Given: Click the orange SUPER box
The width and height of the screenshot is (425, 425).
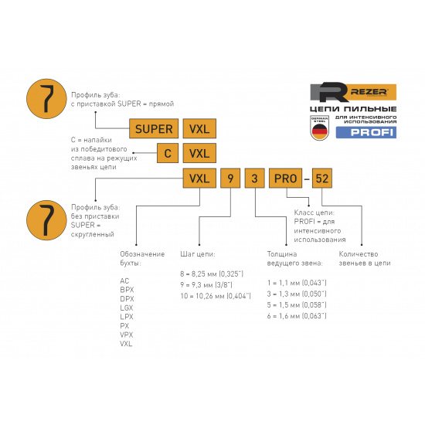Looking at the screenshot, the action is pyautogui.click(x=154, y=128).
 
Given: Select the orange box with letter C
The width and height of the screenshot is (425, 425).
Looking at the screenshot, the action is pyautogui.click(x=168, y=153).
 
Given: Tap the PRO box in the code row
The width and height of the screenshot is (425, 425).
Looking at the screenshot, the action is pyautogui.click(x=285, y=178).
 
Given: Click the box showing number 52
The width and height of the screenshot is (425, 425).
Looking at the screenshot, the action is pyautogui.click(x=322, y=178).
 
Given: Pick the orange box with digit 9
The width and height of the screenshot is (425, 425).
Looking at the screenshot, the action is pyautogui.click(x=230, y=178).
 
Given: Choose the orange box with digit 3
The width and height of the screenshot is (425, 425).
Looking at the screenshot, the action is pyautogui.click(x=254, y=178).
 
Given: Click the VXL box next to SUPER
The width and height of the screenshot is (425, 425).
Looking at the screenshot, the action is pyautogui.click(x=199, y=128).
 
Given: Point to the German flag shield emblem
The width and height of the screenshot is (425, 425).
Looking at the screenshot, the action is pyautogui.click(x=320, y=127).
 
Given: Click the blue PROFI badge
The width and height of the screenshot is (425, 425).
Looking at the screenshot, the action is pyautogui.click(x=366, y=133).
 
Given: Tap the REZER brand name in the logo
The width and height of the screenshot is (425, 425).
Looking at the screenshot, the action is pyautogui.click(x=369, y=92).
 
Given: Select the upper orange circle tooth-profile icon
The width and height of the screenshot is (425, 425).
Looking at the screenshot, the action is pyautogui.click(x=46, y=99).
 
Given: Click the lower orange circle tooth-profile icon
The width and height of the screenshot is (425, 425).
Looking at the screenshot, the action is pyautogui.click(x=46, y=220).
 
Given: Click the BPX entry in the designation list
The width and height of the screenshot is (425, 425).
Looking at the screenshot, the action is pyautogui.click(x=127, y=290).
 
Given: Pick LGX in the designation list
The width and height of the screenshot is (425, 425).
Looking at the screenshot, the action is pyautogui.click(x=127, y=308).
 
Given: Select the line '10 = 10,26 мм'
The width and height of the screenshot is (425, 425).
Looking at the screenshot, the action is pyautogui.click(x=216, y=296).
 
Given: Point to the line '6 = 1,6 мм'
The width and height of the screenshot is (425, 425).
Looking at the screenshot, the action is pyautogui.click(x=297, y=316).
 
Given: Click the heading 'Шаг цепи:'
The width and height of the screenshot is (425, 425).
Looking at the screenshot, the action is pyautogui.click(x=198, y=254).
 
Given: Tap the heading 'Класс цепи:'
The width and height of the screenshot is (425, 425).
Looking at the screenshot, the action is pyautogui.click(x=314, y=212).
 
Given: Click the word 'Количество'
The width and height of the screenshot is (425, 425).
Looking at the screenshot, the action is pyautogui.click(x=359, y=254).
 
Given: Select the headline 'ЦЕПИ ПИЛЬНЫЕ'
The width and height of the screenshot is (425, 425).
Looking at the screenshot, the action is pyautogui.click(x=353, y=109).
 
